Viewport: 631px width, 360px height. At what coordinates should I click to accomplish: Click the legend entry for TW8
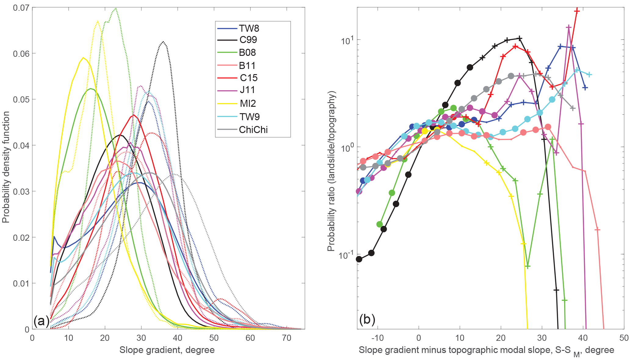[x=249, y=28]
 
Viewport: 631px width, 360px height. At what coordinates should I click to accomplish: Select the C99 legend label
[x=248, y=40]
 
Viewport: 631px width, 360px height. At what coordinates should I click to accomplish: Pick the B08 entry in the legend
[x=247, y=52]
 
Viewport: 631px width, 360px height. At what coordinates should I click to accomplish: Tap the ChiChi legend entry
[x=253, y=130]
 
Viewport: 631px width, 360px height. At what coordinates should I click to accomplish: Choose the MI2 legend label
[x=248, y=103]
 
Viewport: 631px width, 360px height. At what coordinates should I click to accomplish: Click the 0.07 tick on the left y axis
[x=21, y=8]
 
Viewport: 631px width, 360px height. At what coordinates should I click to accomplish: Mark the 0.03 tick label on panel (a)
[x=21, y=191]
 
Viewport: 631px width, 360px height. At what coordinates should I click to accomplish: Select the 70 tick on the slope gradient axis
[x=287, y=338]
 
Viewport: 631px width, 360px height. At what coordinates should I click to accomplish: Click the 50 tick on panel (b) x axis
[x=624, y=338]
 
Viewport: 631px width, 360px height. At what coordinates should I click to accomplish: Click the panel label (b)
[x=367, y=319]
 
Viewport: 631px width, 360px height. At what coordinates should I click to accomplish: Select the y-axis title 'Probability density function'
[x=6, y=167]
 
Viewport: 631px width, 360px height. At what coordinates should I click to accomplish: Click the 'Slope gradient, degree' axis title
[x=167, y=350]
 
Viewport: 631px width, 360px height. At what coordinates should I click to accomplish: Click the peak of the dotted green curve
[x=115, y=9]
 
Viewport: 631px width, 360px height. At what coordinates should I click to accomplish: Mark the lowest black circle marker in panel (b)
[x=359, y=259]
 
